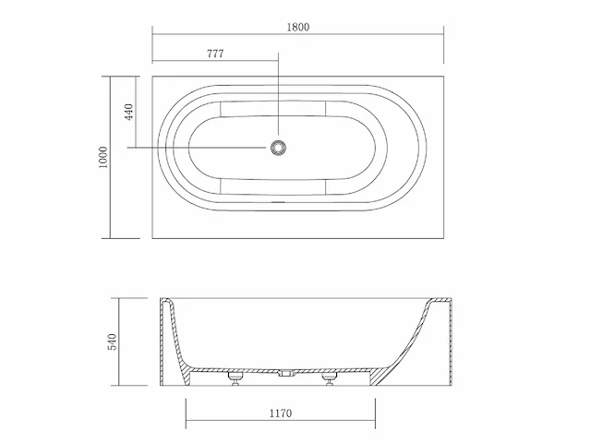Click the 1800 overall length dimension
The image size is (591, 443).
(297, 27)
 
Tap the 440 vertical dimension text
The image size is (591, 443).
(129, 113)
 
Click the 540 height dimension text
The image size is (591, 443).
(113, 341)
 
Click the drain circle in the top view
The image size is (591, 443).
(278, 148)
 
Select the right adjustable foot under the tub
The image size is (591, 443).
(328, 378)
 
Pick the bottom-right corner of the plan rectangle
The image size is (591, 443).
(445, 238)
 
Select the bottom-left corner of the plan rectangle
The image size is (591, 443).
(152, 238)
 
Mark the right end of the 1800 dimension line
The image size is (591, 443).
(445, 36)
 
